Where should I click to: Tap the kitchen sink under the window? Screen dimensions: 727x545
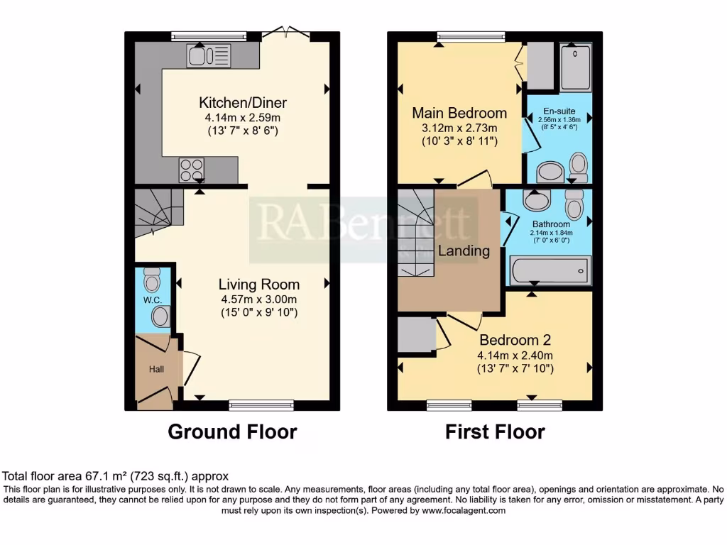[209, 55]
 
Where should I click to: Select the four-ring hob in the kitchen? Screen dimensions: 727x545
[192, 170]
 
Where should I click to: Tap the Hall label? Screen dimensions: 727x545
[155, 369]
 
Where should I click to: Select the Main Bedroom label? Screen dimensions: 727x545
[459, 113]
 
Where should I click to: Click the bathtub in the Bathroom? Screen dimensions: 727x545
[549, 270]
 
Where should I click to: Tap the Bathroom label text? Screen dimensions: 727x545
[552, 224]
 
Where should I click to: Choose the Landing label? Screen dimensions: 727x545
[464, 251]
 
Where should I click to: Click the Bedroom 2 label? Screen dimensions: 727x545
[515, 340]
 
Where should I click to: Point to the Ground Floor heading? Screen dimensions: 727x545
[232, 431]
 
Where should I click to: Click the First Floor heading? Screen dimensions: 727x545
[495, 431]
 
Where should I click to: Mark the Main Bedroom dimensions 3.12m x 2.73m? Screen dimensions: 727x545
[459, 128]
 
